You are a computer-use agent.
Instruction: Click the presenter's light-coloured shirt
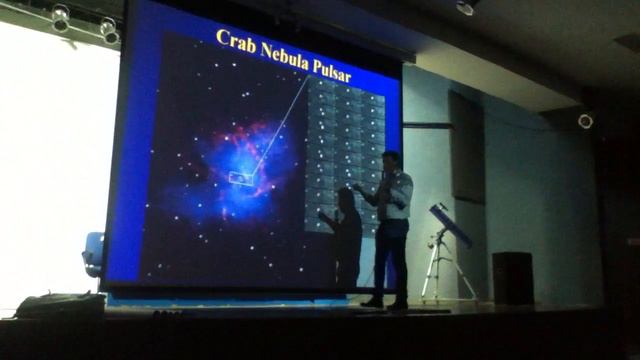[395, 195]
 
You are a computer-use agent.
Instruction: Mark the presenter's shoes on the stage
[385, 302]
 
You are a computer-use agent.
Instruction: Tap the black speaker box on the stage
[512, 277]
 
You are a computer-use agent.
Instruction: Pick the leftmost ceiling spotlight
[60, 17]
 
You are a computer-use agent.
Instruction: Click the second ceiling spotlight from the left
[108, 29]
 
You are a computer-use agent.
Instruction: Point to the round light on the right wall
[585, 121]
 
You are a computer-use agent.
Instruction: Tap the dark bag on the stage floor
[60, 305]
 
